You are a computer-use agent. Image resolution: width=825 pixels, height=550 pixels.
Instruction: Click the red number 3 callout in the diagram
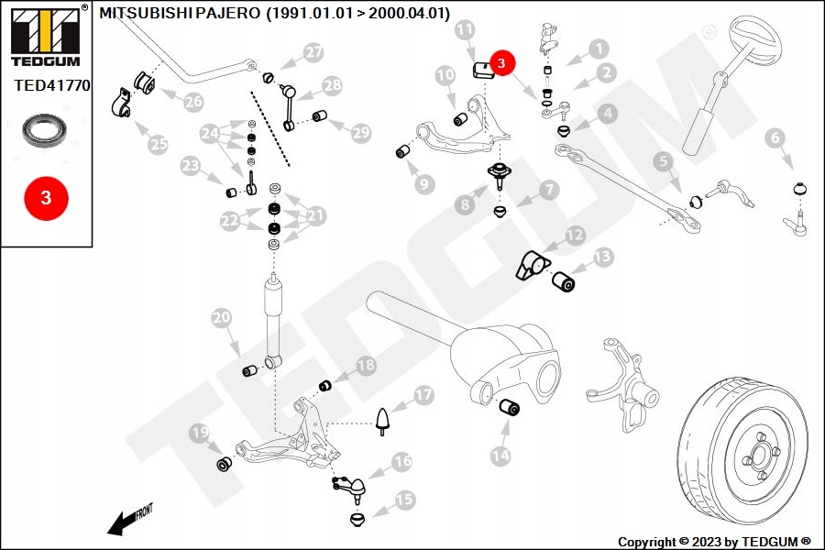pos(502,63)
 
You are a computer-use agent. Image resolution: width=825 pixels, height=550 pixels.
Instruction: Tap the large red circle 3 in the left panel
pos(46,197)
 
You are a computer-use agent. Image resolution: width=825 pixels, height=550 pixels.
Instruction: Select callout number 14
pos(500,454)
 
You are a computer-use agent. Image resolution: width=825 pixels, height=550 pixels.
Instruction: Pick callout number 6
pos(775,138)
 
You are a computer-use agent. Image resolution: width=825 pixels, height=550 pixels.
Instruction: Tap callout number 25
pos(159,144)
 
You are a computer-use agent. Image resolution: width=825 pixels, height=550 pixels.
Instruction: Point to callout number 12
pos(575,236)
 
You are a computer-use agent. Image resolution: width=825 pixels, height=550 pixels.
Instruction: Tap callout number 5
pos(663,162)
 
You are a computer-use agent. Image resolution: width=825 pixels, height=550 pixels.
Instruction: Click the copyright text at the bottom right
pos(714,541)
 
